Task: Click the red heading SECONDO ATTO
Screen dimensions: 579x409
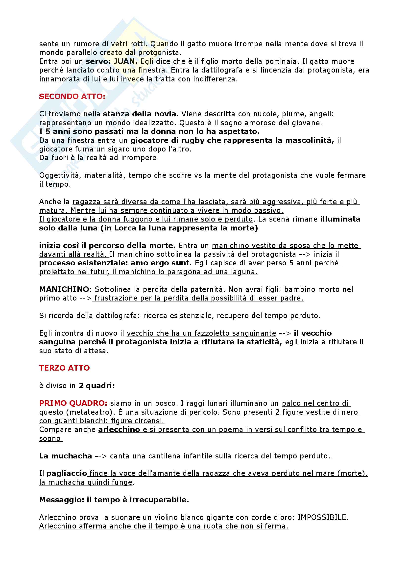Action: click(72, 97)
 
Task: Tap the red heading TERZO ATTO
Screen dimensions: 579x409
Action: click(64, 368)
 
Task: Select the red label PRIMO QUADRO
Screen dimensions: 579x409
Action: click(73, 403)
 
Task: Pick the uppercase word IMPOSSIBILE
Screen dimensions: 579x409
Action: click(323, 517)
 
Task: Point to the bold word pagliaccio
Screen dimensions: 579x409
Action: click(67, 473)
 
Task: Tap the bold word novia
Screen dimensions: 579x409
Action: click(166, 114)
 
